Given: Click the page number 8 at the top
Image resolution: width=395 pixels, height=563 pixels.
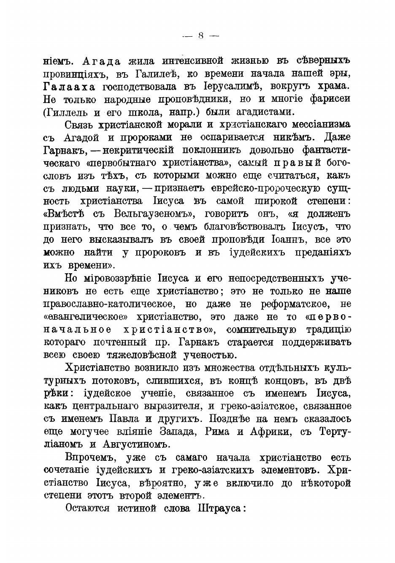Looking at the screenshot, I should tap(200, 36).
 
